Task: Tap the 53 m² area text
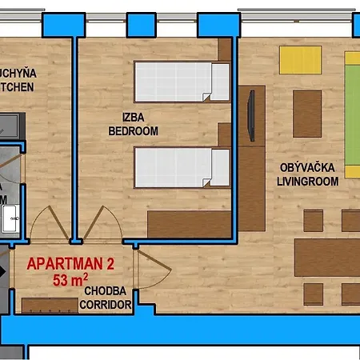70,280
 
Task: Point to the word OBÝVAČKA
308,168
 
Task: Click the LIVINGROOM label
309,182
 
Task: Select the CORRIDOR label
106,305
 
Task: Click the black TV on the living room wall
251,114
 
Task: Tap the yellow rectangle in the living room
300,60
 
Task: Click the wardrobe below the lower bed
189,223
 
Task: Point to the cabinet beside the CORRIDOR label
48,306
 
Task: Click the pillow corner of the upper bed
210,96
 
